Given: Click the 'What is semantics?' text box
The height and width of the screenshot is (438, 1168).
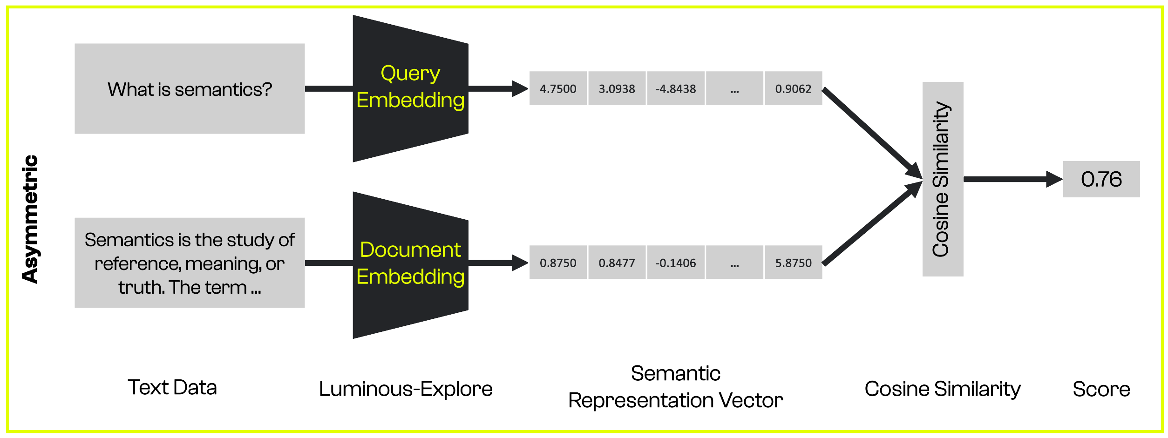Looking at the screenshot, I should click(x=190, y=88).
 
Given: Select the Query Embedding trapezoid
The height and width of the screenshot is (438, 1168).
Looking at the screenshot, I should click(x=410, y=88).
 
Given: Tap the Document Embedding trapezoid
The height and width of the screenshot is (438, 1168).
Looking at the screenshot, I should click(x=410, y=264).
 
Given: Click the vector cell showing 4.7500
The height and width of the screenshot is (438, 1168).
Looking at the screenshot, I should click(x=558, y=88).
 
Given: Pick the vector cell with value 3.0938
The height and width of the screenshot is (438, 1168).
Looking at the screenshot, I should click(x=617, y=88).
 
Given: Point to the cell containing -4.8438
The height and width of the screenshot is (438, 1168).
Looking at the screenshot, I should click(x=675, y=88).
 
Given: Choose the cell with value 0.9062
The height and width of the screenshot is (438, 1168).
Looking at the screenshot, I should click(x=793, y=88).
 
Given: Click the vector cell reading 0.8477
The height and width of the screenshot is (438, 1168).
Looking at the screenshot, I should click(x=617, y=263).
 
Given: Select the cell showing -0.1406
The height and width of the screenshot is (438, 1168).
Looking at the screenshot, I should click(x=675, y=263).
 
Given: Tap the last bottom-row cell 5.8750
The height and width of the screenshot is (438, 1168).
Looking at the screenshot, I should click(x=793, y=263).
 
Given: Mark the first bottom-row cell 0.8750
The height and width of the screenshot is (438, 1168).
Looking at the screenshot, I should click(x=558, y=263).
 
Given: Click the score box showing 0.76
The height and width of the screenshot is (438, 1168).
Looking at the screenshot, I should click(x=1101, y=179).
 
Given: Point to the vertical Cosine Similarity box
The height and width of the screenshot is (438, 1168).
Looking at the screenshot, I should click(x=942, y=179).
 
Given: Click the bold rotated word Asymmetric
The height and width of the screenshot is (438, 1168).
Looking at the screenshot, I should click(x=30, y=219).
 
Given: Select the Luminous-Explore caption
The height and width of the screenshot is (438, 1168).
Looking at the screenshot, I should click(x=405, y=389).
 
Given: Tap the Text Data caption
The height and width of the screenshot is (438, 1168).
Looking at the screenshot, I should click(x=172, y=387).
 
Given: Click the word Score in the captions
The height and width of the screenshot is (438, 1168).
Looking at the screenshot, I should click(x=1101, y=389).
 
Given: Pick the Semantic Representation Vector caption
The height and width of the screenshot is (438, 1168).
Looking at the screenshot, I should click(x=675, y=386).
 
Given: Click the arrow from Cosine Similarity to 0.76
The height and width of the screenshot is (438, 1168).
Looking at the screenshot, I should click(x=1011, y=179).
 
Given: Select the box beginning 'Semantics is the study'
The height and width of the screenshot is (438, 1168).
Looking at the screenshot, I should click(x=190, y=263).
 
